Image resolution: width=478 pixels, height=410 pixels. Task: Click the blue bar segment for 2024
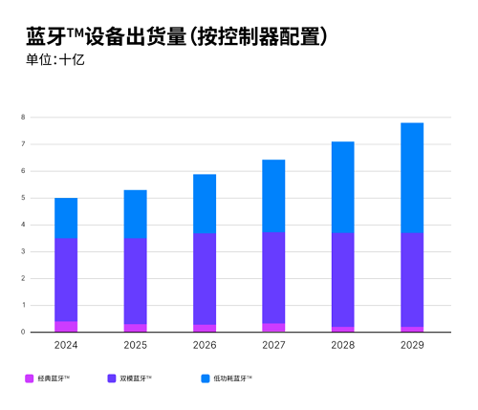coord(66,218)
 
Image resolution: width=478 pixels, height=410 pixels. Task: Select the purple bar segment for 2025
coord(135,281)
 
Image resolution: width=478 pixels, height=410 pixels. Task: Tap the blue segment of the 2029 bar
coord(411,178)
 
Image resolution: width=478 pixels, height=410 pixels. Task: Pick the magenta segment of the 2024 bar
coord(66,327)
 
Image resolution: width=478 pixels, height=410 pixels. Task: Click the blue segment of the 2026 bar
coord(204,204)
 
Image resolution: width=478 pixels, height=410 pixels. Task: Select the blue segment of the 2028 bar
coord(342,187)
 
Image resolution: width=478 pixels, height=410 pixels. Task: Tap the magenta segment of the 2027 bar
coord(273,328)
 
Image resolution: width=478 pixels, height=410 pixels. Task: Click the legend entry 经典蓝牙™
coord(54,379)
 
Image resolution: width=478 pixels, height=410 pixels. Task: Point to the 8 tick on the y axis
coord(21,118)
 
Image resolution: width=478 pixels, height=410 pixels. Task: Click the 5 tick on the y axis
coord(21,198)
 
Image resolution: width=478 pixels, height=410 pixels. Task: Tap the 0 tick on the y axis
coord(21,333)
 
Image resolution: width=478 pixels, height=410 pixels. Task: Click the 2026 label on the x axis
coord(204,345)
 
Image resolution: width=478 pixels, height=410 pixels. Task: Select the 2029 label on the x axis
coord(411,345)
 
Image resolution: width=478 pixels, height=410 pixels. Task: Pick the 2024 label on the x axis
coord(66,345)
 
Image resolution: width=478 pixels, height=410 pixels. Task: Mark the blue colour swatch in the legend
coord(206,379)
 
